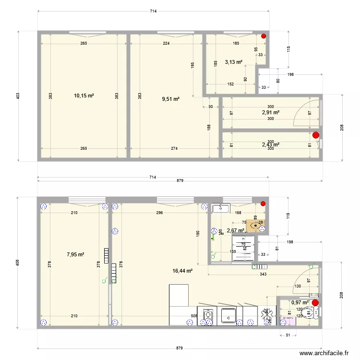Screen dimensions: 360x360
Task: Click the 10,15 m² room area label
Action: point(84,96)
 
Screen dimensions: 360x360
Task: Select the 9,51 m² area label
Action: point(170,99)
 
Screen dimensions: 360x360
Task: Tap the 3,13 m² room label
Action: point(234,62)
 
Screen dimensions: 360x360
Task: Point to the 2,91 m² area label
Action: point(271,112)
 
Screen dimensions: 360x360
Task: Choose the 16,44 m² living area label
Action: point(182,271)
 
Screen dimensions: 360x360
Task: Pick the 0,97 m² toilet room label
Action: point(300,302)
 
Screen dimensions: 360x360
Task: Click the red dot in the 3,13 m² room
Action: point(263,36)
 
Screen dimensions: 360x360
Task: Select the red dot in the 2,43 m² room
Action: point(315,135)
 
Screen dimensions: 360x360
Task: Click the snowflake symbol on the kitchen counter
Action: point(265,314)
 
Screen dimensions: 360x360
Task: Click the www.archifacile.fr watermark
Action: point(324,353)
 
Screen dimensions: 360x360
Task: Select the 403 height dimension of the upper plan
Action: point(18,96)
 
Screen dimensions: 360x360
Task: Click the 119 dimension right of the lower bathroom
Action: point(288,216)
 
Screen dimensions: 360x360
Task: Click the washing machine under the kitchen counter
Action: point(208,317)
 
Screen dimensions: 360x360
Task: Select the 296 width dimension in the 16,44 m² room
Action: point(159,213)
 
